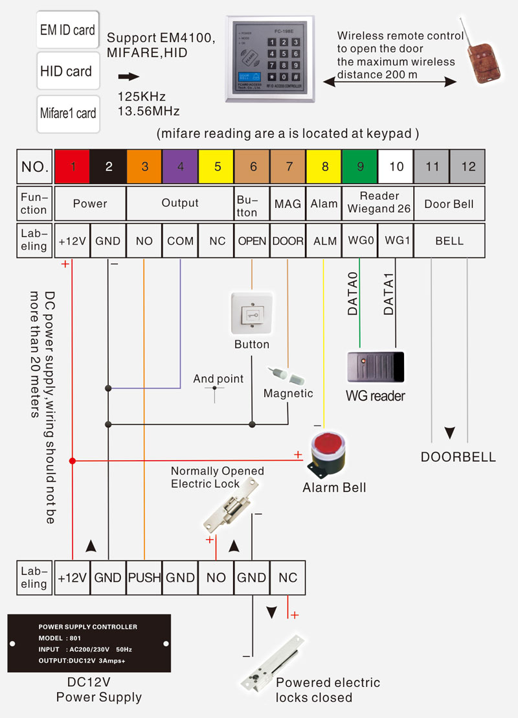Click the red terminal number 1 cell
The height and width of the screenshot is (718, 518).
pos(73,167)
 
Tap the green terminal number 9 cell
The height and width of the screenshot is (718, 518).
pos(360,167)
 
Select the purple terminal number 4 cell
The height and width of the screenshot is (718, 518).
pos(180,167)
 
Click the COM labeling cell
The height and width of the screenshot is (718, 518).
pos(180,241)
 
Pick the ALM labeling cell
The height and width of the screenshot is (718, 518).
pos(324,241)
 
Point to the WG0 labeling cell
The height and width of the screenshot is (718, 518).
pos(360,241)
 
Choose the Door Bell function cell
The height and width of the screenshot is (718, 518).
pos(449,204)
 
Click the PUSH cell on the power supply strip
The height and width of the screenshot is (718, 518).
pos(144,577)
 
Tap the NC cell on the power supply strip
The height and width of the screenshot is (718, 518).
pos(287,577)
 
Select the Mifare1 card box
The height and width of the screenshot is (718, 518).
pos(67,113)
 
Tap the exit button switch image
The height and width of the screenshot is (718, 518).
pos(251,314)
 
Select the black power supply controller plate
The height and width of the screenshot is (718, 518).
pos(89,643)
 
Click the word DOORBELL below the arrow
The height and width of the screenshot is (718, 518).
pos(458,457)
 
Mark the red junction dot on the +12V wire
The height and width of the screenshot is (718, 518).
pos(73,461)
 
